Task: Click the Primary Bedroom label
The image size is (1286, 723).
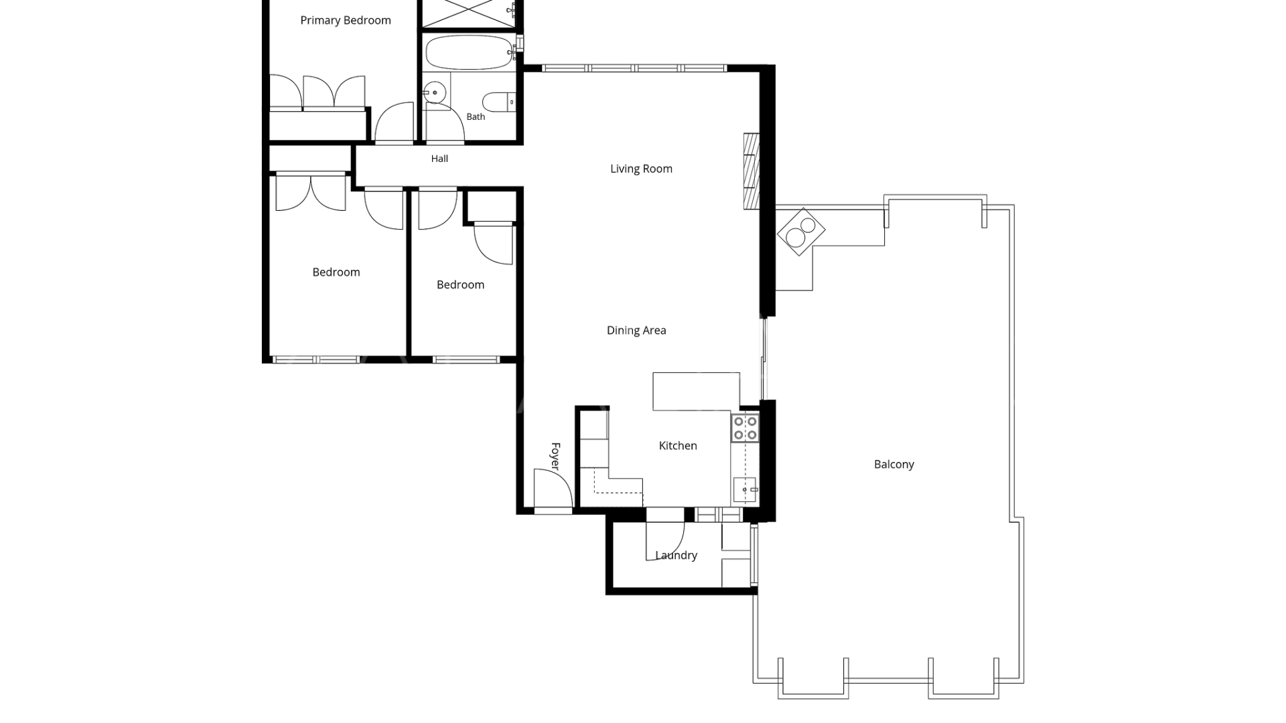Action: (x=346, y=21)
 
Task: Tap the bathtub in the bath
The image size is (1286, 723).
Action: (x=469, y=52)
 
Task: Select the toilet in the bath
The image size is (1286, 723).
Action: (x=499, y=102)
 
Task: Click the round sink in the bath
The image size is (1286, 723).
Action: (x=435, y=93)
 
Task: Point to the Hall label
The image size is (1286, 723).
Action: (x=439, y=159)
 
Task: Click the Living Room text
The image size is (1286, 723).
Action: (x=641, y=169)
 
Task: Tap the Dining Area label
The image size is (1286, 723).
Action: (x=636, y=330)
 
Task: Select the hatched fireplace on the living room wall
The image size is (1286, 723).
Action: (x=752, y=171)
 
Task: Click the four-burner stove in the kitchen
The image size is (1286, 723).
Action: (x=745, y=428)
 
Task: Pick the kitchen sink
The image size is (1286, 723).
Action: (x=745, y=489)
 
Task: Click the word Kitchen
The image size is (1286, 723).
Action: (x=678, y=446)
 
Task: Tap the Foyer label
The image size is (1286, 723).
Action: (x=555, y=456)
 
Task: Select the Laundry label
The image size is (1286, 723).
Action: (x=676, y=555)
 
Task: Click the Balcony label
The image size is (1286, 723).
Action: (x=894, y=465)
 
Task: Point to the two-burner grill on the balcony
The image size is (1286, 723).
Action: (x=801, y=231)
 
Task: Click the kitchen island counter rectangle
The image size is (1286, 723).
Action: (x=697, y=392)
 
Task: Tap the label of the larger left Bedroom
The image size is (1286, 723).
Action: (x=336, y=272)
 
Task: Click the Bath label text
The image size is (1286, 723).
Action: (x=476, y=116)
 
